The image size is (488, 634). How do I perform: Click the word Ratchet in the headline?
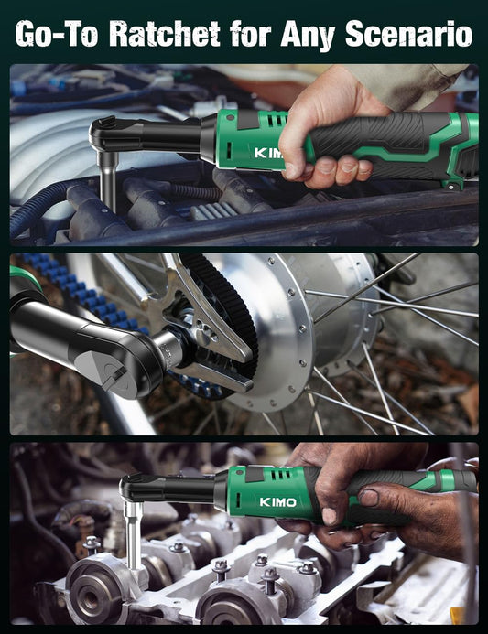pos(165,34)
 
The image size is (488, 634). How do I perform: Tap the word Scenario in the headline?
pos(408,34)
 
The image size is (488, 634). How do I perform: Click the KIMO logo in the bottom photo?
pos(277,501)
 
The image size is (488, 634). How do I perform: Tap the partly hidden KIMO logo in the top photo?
pos(268,154)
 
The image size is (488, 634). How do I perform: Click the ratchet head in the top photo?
pos(114,134)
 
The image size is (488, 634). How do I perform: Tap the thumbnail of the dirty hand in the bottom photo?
pos(369,498)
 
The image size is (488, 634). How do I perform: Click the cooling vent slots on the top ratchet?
pos(277,119)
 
